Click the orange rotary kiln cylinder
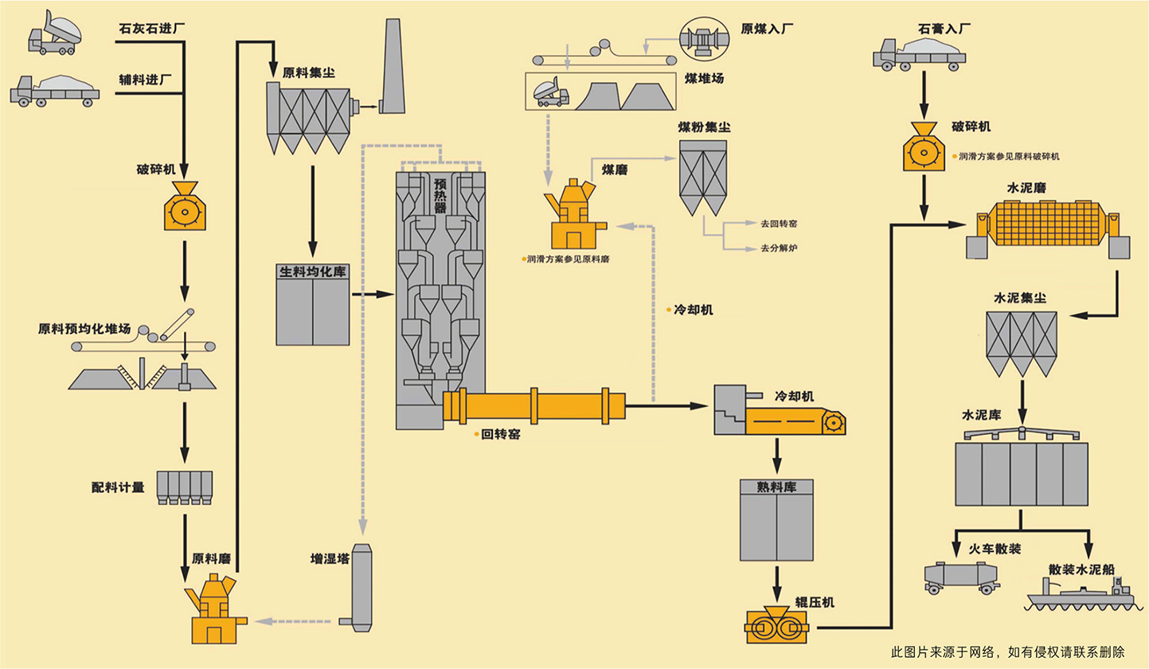click(533, 405)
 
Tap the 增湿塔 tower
click(361, 588)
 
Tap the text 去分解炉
click(779, 248)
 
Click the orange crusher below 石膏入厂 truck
click(923, 148)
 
